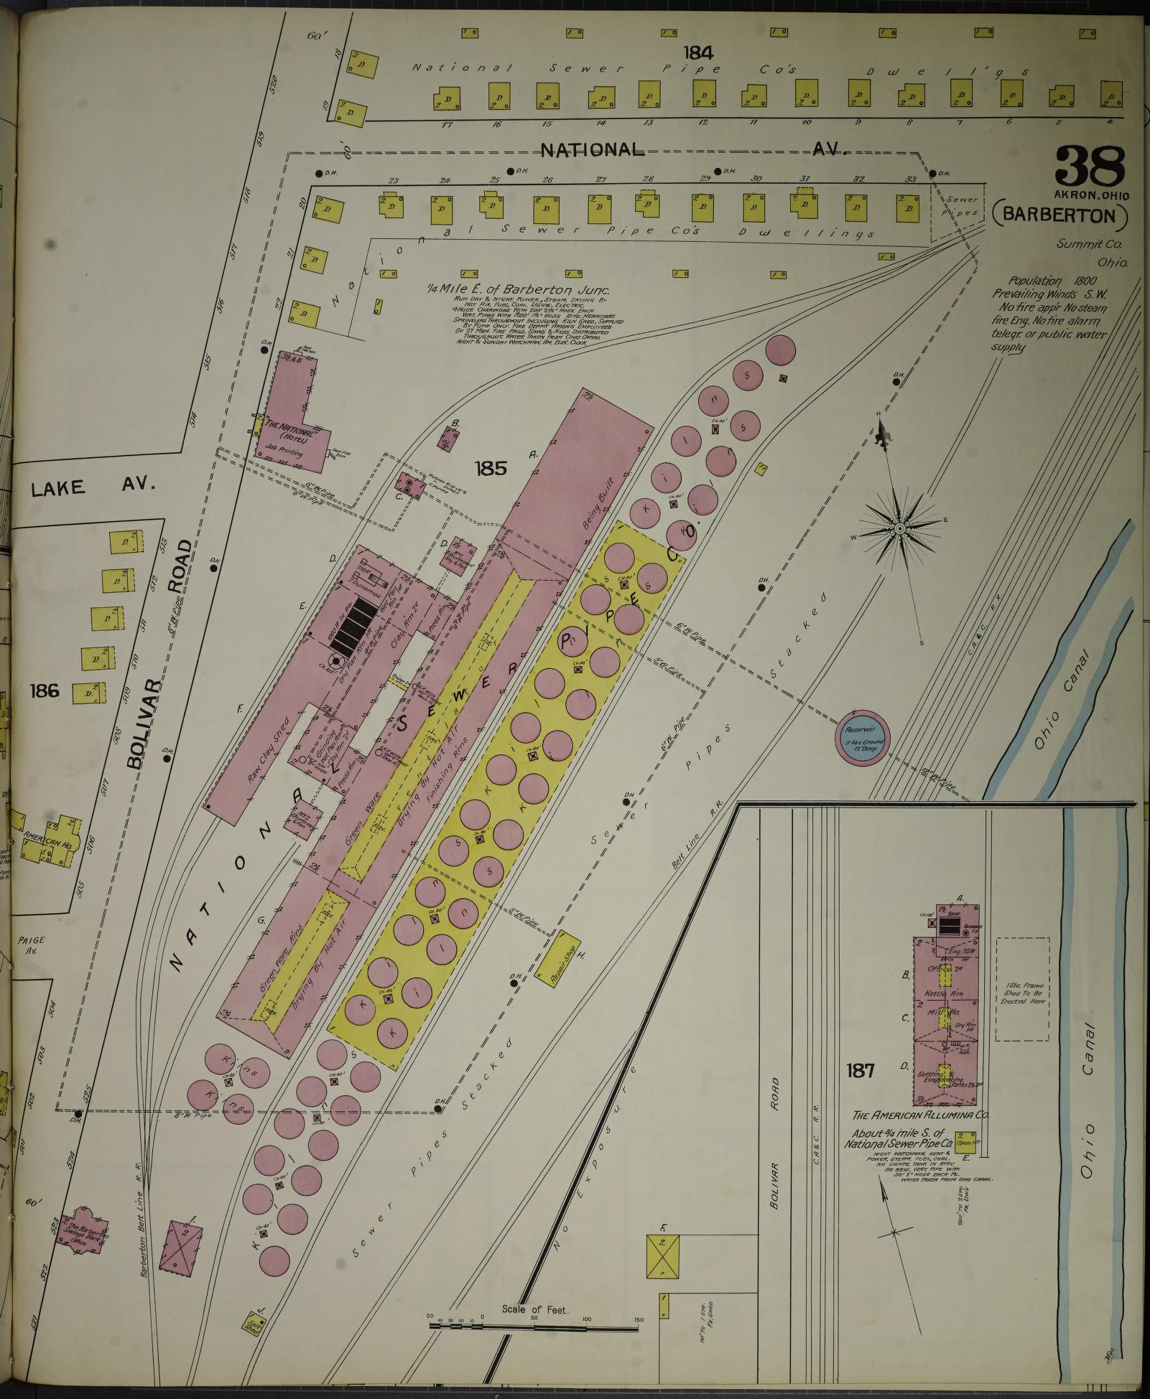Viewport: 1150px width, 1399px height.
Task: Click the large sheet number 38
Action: [x=1090, y=167]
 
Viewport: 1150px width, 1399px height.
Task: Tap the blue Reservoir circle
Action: [x=863, y=738]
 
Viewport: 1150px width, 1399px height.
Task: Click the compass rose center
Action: [x=899, y=529]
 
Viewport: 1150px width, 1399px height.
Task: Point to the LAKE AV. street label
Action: [x=93, y=487]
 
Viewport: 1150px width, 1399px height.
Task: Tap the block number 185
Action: [x=491, y=469]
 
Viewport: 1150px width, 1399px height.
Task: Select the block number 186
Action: [x=44, y=692]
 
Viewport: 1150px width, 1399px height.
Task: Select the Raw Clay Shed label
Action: [x=266, y=747]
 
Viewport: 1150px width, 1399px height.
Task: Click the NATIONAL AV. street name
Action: [x=693, y=150]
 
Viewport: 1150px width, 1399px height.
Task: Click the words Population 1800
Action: [x=1048, y=281]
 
